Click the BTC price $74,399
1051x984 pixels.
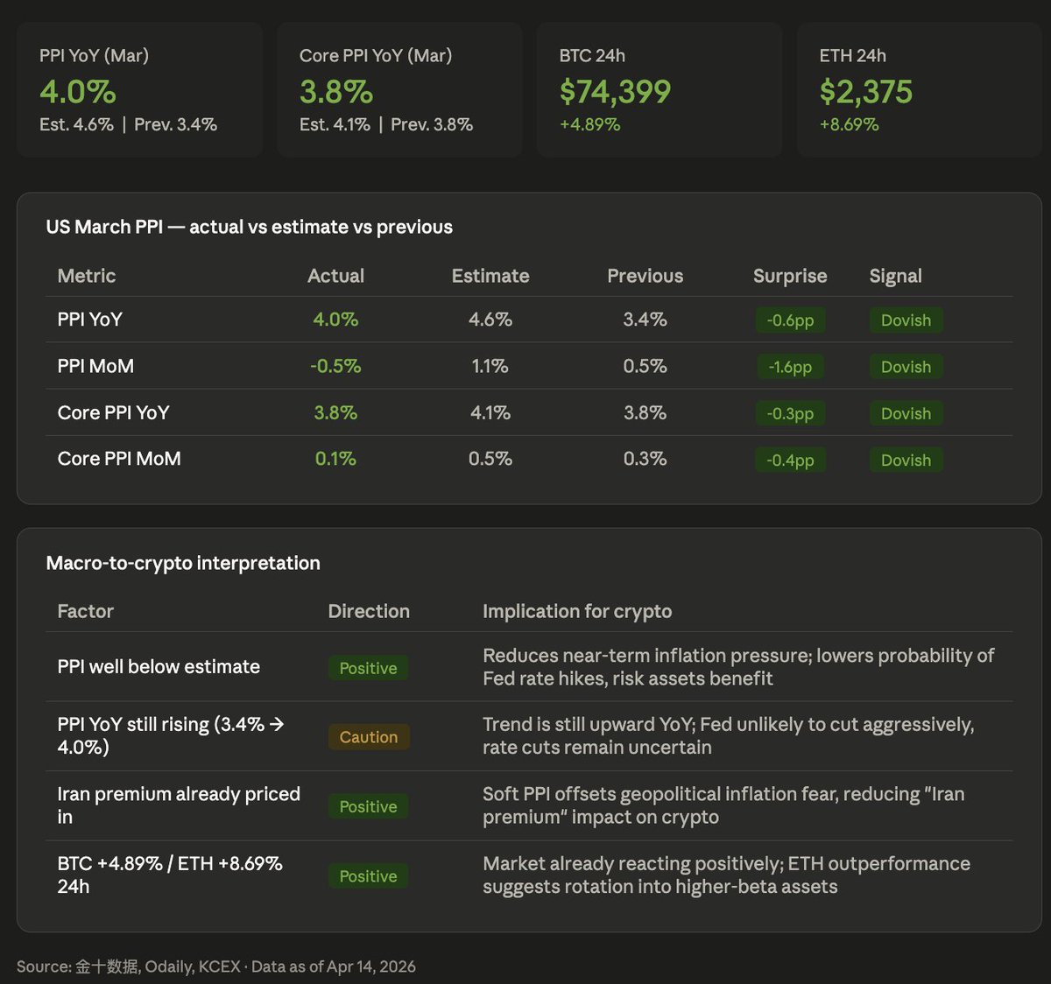click(615, 92)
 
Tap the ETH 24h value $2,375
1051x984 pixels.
click(865, 92)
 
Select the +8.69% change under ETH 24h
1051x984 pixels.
click(849, 124)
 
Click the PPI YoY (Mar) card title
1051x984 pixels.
click(94, 55)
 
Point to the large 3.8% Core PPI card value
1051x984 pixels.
click(335, 92)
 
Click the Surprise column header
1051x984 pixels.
click(789, 276)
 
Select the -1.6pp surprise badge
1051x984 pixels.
click(790, 367)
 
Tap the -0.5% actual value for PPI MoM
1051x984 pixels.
click(335, 366)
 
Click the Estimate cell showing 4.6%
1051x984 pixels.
click(490, 320)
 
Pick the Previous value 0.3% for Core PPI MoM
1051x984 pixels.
click(645, 459)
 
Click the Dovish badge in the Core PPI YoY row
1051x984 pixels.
click(906, 413)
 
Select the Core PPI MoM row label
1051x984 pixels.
click(119, 459)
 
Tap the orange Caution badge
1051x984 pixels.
click(368, 737)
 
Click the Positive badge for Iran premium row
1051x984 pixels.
click(368, 806)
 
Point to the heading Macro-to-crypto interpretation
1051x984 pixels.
click(183, 563)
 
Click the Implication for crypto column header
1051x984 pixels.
click(577, 611)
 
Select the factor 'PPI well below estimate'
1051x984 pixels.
click(159, 666)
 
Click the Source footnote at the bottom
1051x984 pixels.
click(215, 966)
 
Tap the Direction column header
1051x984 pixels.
click(368, 611)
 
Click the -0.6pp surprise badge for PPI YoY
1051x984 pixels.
click(790, 320)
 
